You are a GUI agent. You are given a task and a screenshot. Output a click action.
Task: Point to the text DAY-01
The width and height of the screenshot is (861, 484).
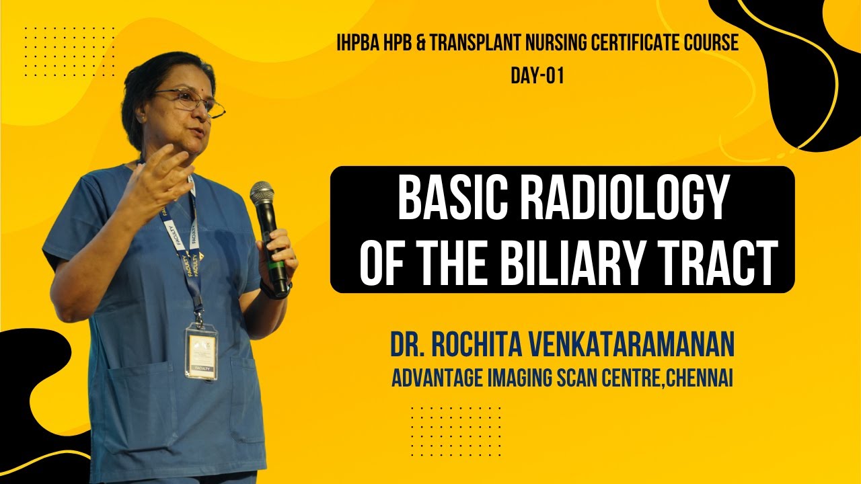tap(537, 76)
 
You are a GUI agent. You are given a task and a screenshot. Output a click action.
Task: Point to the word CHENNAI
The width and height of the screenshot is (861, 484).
tap(699, 378)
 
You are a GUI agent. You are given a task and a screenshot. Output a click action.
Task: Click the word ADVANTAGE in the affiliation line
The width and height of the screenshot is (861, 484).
tap(437, 378)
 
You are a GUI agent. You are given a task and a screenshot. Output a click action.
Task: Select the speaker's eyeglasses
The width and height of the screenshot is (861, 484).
tap(189, 101)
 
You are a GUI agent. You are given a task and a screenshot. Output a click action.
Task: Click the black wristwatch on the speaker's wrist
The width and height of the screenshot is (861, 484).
tap(275, 290)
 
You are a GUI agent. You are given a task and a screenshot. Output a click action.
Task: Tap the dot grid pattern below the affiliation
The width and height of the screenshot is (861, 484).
tap(456, 432)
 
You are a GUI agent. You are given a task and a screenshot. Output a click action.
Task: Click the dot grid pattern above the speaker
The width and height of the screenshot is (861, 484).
tap(69, 52)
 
